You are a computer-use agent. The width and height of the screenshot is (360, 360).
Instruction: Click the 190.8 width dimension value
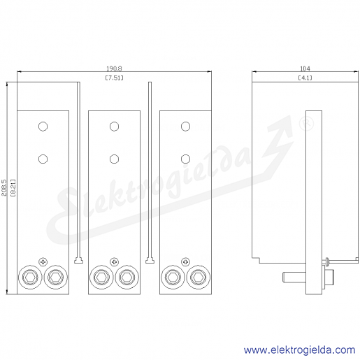coord(114,69)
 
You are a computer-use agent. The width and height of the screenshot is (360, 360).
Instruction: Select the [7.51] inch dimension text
coord(114,78)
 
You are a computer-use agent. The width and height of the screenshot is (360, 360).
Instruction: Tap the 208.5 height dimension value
coord(4,187)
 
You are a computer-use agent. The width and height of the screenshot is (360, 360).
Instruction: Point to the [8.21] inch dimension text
coord(13,188)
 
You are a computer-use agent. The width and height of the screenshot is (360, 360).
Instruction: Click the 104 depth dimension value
coord(305,69)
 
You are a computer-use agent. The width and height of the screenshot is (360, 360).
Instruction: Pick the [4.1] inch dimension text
coord(305,78)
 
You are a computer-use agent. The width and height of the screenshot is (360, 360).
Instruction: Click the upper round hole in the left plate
coord(43,127)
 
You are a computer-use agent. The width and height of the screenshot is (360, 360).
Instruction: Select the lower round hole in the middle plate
coord(114,159)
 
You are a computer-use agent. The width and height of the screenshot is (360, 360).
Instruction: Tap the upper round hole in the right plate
coord(185,127)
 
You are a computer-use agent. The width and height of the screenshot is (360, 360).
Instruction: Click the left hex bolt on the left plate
coord(31,278)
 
